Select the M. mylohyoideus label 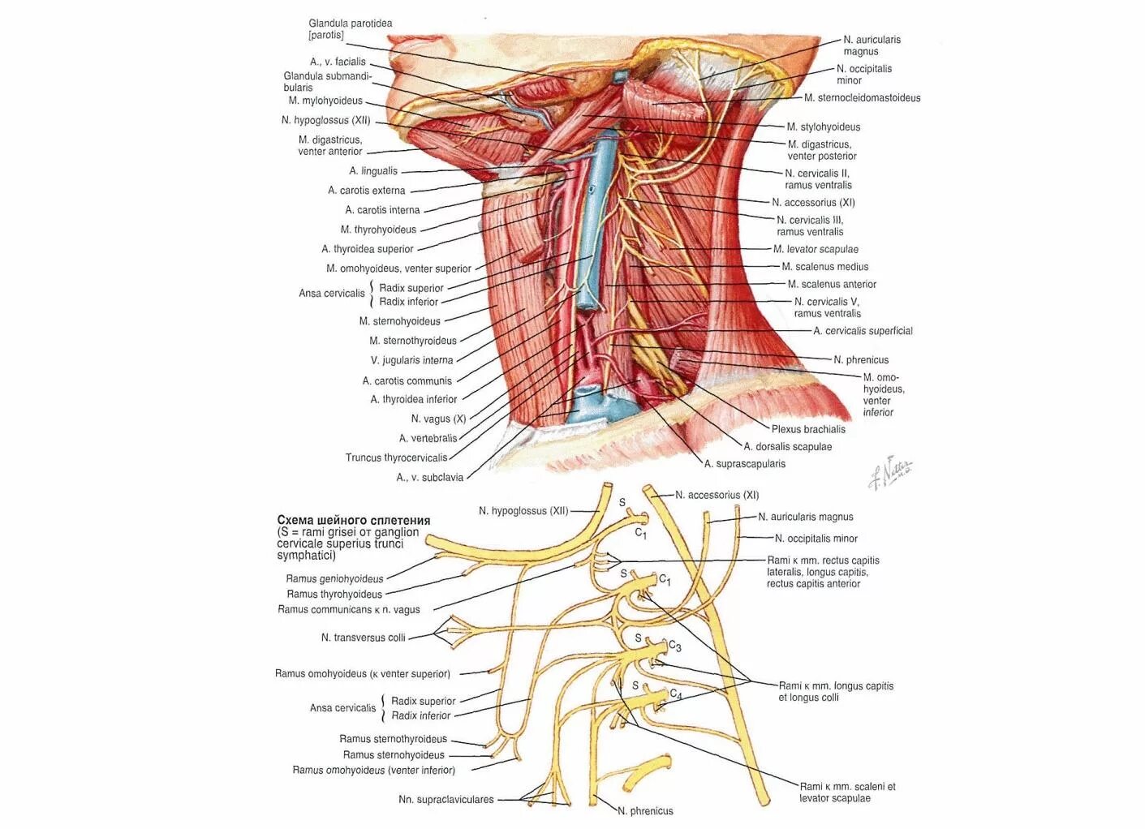pyautogui.click(x=325, y=101)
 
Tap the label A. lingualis pyautogui.click(x=373, y=171)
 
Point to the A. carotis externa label pyautogui.click(x=366, y=191)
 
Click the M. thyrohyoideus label pyautogui.click(x=378, y=230)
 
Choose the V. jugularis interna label pyautogui.click(x=411, y=360)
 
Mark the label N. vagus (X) pyautogui.click(x=438, y=419)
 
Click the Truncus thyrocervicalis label pyautogui.click(x=396, y=457)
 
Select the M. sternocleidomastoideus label pyautogui.click(x=862, y=98)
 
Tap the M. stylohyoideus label pyautogui.click(x=823, y=127)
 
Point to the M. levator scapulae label pyautogui.click(x=816, y=249)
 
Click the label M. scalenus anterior pyautogui.click(x=832, y=284)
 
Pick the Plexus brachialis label pyautogui.click(x=808, y=429)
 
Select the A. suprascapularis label pyautogui.click(x=745, y=464)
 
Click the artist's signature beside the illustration pyautogui.click(x=890, y=472)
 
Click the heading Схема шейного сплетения pyautogui.click(x=354, y=520)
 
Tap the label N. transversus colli pyautogui.click(x=363, y=638)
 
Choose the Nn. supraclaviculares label pyautogui.click(x=446, y=799)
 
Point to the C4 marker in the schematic pyautogui.click(x=676, y=694)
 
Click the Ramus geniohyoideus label pyautogui.click(x=334, y=578)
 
